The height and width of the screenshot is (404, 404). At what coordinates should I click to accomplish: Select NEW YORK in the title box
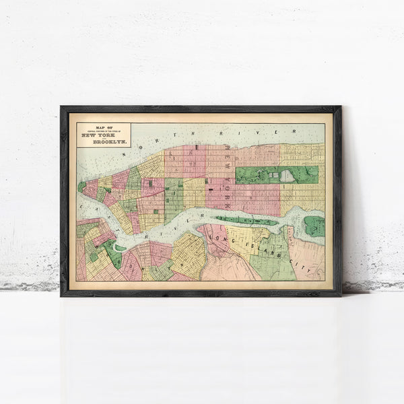pos(103,134)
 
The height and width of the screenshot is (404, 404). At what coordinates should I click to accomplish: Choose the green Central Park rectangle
pos(277,175)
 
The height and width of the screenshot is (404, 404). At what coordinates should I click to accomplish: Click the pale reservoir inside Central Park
pos(288,176)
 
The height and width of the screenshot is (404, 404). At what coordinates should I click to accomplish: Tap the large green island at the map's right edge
pos(314,226)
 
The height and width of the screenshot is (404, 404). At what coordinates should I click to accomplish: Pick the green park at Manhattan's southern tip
pos(81,187)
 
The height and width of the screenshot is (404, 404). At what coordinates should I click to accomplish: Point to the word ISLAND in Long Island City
pos(268,246)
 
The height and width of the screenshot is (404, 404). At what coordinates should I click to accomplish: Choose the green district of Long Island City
pos(273,259)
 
